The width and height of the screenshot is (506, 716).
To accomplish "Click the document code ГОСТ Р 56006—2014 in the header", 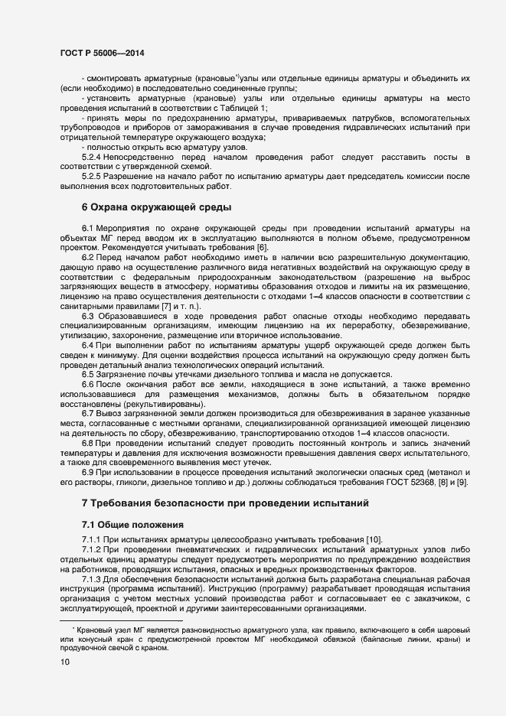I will (100, 54).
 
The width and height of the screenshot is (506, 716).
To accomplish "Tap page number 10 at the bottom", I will (64, 662).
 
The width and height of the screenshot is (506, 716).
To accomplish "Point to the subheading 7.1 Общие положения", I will (132, 525).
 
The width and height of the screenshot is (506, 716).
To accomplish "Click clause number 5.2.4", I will (93, 157).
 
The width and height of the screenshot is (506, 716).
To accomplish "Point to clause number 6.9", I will (87, 473).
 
